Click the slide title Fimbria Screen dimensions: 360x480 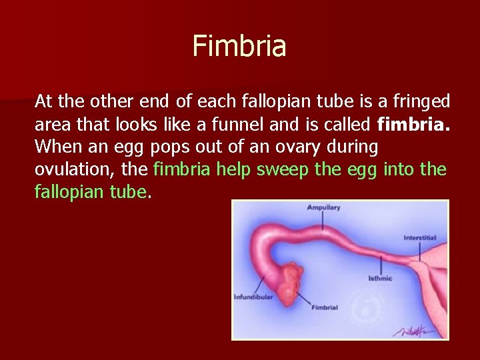point(239,46)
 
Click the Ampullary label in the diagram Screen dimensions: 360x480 point(323,207)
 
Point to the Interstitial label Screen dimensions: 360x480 point(420,238)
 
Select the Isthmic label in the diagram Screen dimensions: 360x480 point(380,278)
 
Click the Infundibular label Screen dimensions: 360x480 point(253,297)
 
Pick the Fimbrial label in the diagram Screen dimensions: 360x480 point(325,307)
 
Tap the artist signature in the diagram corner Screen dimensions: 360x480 point(417,329)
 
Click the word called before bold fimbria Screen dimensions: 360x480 point(351,124)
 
